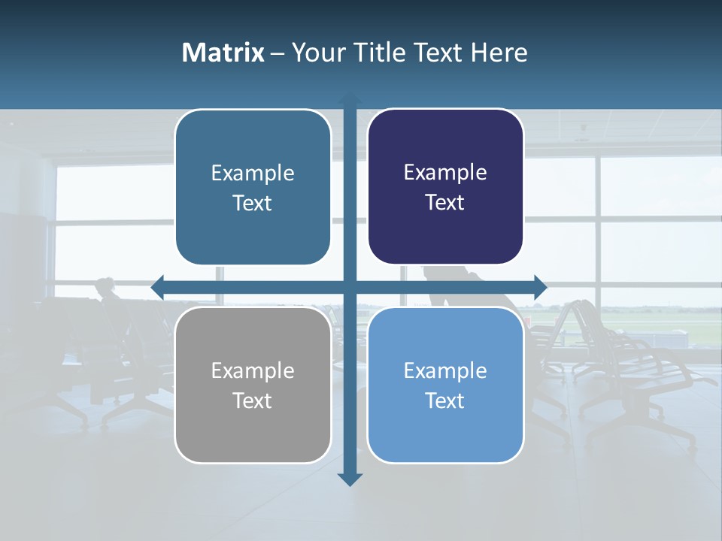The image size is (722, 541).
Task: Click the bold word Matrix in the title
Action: [223, 53]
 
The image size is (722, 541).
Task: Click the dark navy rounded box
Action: [445, 186]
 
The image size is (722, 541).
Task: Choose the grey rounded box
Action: [253, 385]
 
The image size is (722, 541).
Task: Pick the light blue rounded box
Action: [445, 385]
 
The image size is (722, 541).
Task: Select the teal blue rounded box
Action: [253, 187]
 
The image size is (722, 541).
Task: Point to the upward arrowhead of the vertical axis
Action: [350, 100]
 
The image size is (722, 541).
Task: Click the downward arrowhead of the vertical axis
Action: [350, 479]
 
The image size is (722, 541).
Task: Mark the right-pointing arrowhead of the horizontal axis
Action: [540, 287]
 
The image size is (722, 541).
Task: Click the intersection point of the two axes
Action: [350, 287]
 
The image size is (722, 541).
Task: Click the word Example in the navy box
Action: [445, 173]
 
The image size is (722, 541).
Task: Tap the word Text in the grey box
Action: [253, 400]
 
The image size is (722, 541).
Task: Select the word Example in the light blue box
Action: [445, 370]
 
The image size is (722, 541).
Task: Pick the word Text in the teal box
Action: [253, 203]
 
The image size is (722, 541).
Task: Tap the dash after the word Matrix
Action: [277, 53]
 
